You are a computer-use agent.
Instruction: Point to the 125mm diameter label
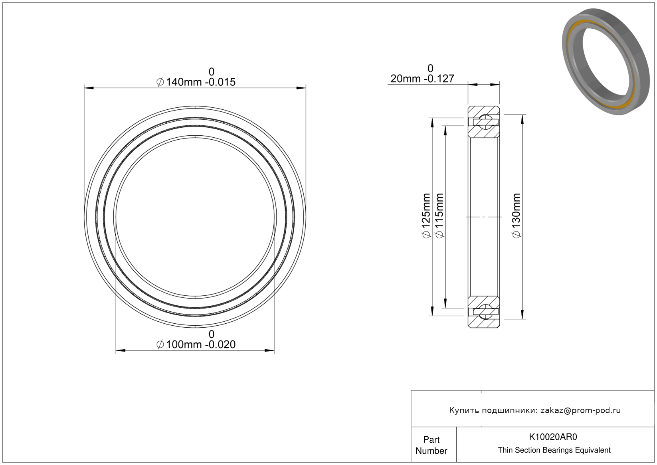pos(426,216)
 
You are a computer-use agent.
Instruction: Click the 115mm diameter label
pos(439,216)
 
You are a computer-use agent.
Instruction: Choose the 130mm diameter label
pos(516,216)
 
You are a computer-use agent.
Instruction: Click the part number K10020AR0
pos(553,437)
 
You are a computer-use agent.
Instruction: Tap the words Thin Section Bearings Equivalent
pos(554,450)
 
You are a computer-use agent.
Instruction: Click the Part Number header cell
pos(431,445)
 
